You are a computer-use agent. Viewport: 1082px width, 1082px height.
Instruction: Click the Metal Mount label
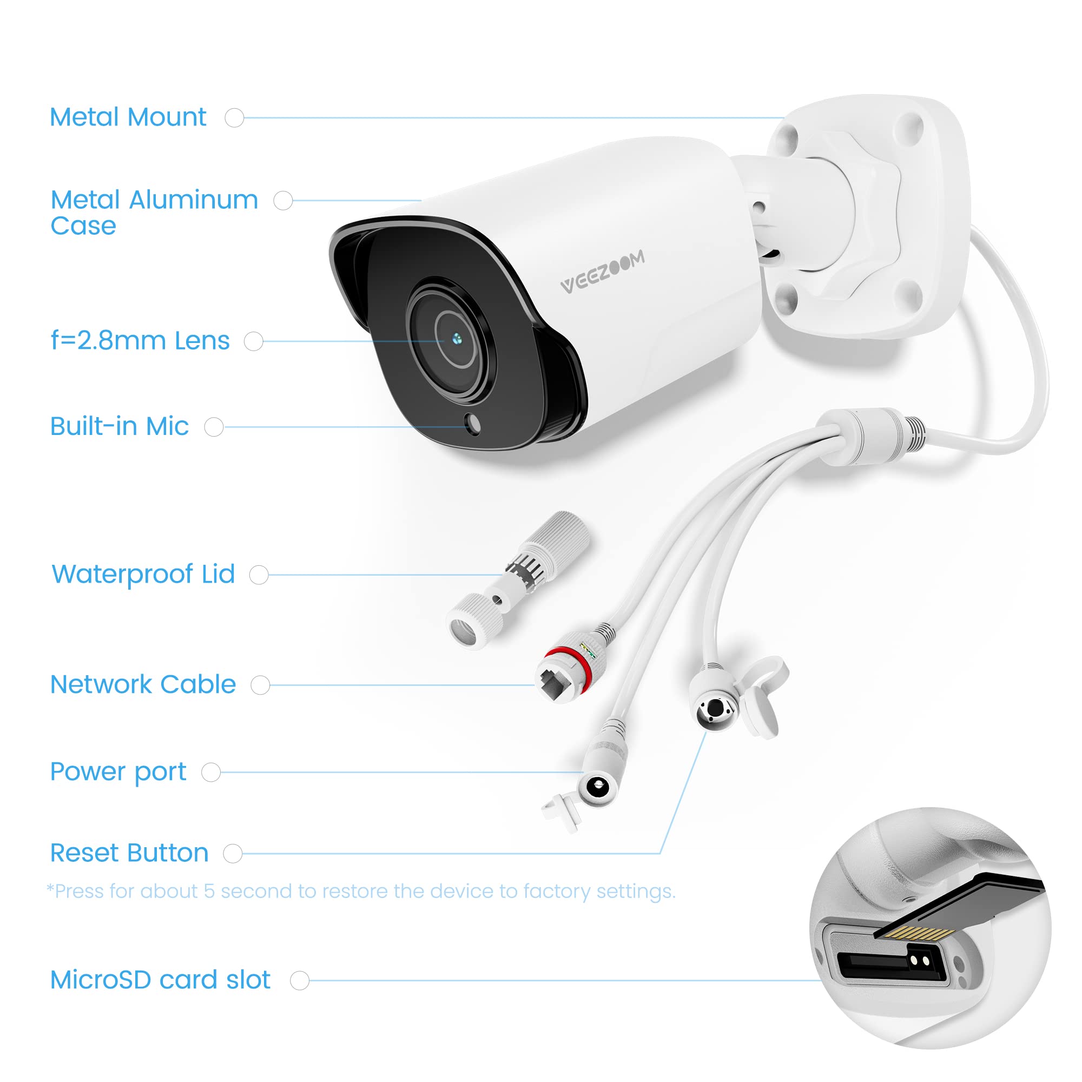128,117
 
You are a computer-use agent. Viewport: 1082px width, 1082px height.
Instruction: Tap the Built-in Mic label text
118,426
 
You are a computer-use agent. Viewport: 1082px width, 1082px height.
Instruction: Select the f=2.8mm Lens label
140,340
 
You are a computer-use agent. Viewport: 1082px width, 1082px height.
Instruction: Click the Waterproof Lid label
143,574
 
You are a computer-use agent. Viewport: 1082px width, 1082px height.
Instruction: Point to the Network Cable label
143,684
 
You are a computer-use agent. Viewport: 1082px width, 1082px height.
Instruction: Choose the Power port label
117,772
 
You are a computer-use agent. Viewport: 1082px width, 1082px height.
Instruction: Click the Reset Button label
129,853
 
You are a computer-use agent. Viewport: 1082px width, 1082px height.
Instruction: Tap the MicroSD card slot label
160,980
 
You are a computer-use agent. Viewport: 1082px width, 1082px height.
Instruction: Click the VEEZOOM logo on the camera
603,272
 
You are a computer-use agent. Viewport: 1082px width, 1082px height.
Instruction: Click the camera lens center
457,338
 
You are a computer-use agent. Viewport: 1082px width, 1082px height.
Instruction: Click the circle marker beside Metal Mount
234,117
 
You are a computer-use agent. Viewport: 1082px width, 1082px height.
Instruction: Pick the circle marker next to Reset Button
233,854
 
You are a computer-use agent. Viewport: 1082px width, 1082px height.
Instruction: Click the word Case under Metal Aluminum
83,226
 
